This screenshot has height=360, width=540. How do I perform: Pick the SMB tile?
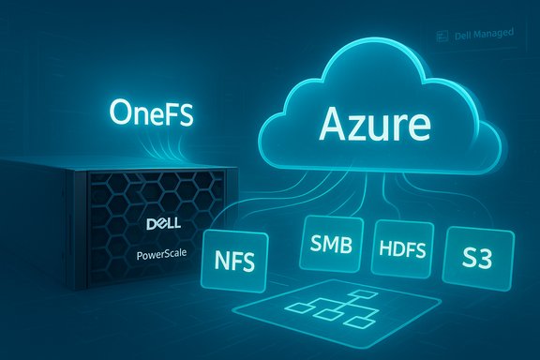[332, 245]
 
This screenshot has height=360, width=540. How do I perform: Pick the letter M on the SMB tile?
[332, 245]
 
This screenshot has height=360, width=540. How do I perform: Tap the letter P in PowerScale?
[131, 255]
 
